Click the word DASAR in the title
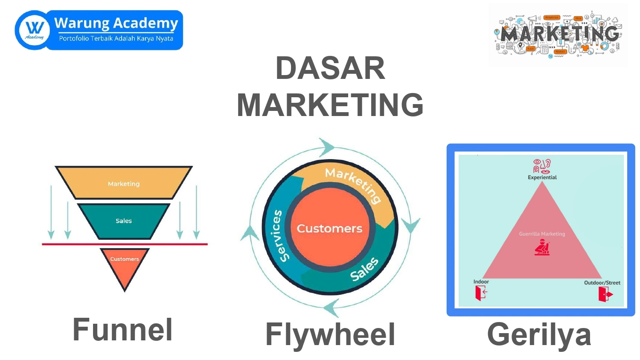point(330,68)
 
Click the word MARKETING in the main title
point(330,105)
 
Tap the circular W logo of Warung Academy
point(34,30)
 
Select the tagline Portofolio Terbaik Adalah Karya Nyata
point(116,38)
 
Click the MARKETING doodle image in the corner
point(559,35)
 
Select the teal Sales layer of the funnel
point(124,221)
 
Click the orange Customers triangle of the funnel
point(125,267)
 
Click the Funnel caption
point(122,330)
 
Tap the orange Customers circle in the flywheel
point(329,229)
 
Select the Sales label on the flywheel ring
point(364,270)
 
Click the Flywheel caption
point(330,334)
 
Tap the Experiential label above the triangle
point(542,177)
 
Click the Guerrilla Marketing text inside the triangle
point(542,234)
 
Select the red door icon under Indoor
point(481,293)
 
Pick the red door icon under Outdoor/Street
point(605,294)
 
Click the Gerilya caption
point(539,334)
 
